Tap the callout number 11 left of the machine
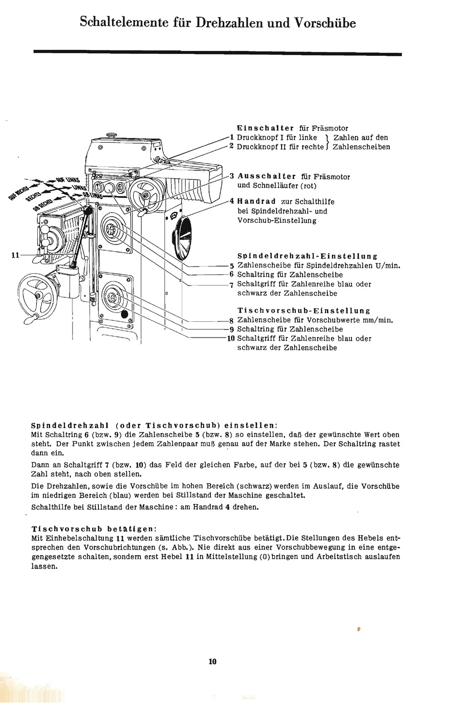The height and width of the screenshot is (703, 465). coord(15,255)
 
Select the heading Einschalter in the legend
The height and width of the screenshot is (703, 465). coord(265,128)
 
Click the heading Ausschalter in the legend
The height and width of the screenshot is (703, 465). coord(267,176)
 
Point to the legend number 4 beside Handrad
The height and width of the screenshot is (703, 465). coord(232,201)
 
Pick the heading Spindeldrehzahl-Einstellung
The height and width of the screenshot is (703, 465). coord(307,256)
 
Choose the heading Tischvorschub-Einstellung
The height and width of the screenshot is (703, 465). coord(303,311)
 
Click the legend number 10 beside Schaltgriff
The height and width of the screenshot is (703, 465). coord(231,339)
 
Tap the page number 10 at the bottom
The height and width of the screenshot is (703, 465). coord(212,661)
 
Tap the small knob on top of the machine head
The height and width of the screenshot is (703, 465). coord(111,135)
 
